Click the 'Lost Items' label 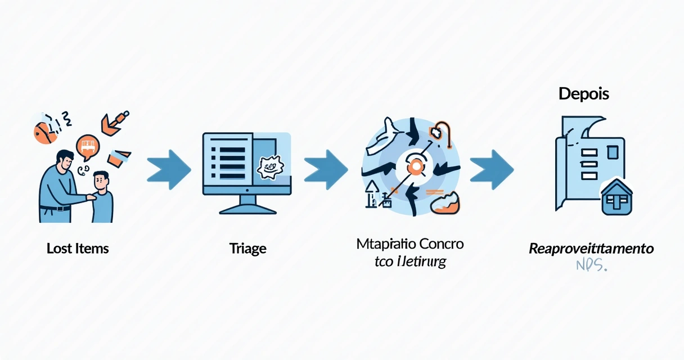click(x=78, y=248)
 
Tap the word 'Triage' click(x=247, y=248)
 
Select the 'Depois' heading click(x=584, y=94)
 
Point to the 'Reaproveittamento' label click(x=591, y=248)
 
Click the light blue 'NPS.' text click(x=591, y=265)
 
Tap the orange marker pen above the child click(x=115, y=122)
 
